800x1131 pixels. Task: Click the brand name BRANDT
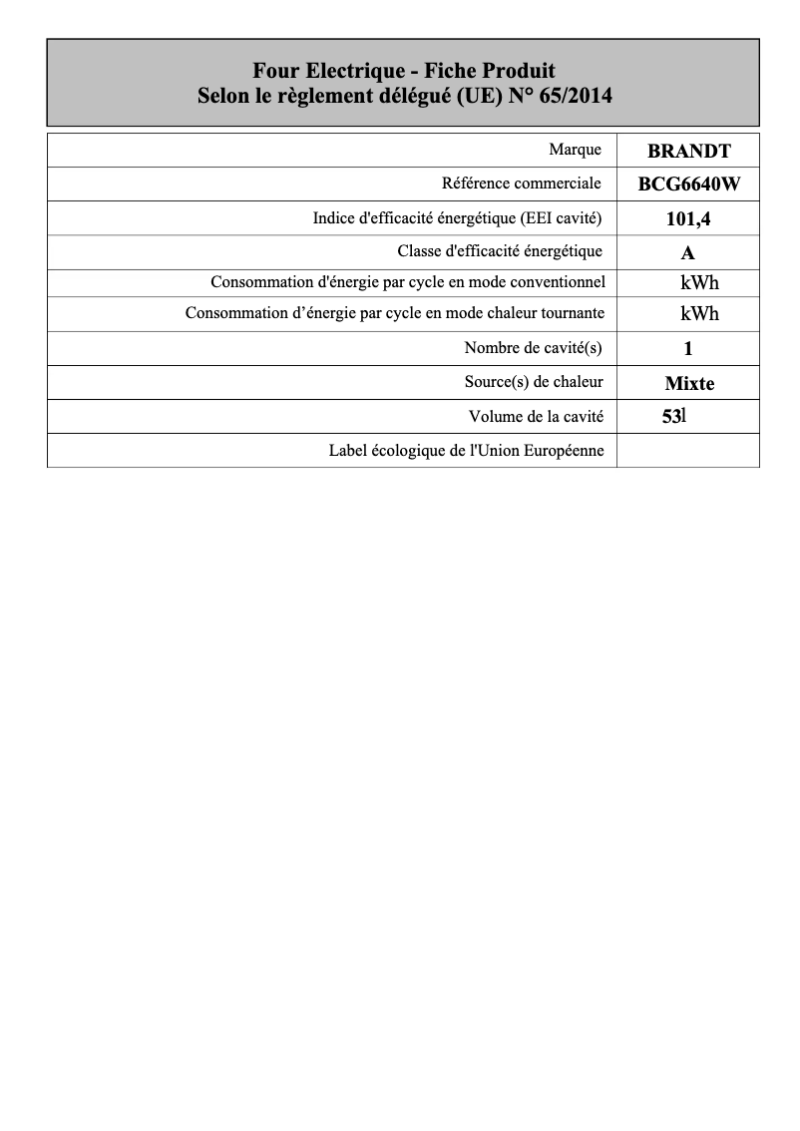point(689,152)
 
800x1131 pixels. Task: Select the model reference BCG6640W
point(689,185)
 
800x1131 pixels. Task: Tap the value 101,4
point(688,218)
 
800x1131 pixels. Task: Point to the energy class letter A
point(688,252)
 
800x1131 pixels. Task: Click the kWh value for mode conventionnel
point(699,283)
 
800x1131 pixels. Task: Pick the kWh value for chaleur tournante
point(699,314)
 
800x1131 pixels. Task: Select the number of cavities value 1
point(688,349)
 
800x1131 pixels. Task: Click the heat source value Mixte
point(689,383)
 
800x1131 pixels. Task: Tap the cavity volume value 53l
point(674,417)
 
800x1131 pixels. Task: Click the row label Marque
point(575,150)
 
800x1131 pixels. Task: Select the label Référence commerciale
point(521,184)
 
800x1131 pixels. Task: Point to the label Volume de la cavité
point(536,417)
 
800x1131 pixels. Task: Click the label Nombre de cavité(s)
point(534,348)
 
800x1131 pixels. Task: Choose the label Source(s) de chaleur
point(534,382)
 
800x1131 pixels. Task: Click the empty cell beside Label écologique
point(688,451)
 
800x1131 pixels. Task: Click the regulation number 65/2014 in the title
point(576,97)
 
